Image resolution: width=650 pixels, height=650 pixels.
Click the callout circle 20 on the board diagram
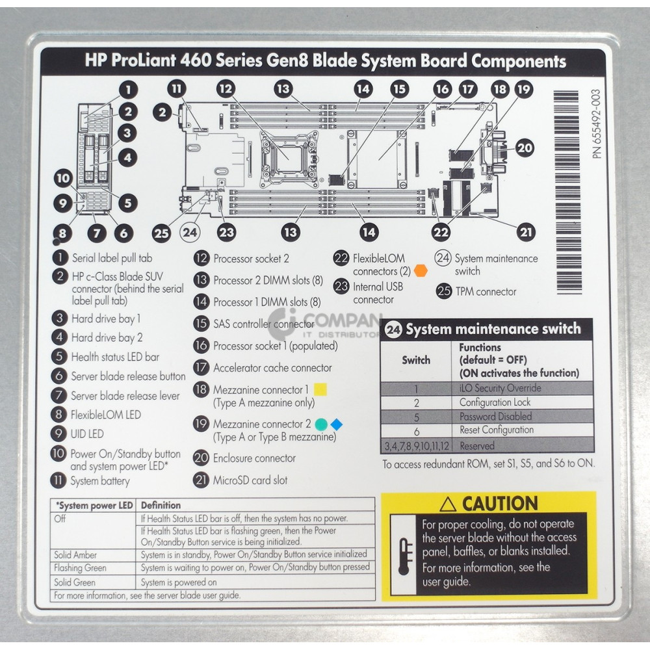pos(525,148)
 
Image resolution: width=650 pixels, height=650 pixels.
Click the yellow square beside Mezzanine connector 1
pos(320,390)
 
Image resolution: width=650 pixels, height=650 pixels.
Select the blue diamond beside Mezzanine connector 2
pos(336,424)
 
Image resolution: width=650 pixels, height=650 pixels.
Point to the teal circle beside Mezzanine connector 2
pos(320,424)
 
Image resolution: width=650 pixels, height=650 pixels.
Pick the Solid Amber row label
pos(76,554)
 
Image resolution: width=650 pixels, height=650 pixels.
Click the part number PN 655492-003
pos(599,124)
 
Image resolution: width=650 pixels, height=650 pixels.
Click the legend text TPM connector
pos(485,292)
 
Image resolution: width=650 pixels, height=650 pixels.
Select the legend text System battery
pos(100,482)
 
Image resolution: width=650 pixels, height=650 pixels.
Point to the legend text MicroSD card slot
pos(250,481)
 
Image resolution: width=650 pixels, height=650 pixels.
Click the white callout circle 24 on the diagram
pos(189,231)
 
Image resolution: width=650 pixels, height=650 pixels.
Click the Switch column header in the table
pos(416,359)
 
